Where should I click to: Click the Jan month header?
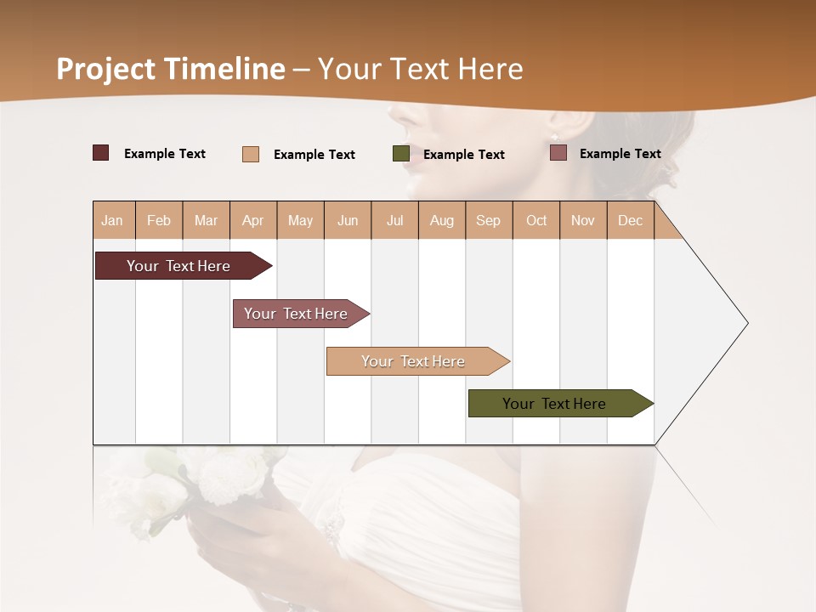point(112,221)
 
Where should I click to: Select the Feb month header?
point(159,221)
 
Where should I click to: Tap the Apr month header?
point(253,221)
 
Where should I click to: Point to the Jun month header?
point(348,221)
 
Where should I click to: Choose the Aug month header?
point(442,221)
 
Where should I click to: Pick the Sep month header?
point(488,221)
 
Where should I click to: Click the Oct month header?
point(536,221)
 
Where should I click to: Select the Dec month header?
point(631,221)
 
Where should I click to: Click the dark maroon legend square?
point(101,153)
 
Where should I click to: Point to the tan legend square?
point(251,154)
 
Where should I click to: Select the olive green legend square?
point(401,154)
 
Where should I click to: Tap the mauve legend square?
point(558,153)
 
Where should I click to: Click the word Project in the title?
point(106,69)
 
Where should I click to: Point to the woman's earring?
point(555,137)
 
